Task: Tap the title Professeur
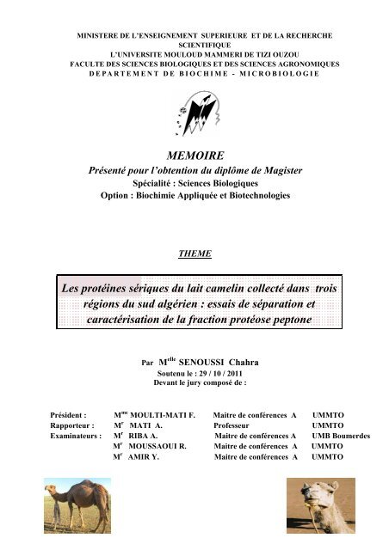238,425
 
